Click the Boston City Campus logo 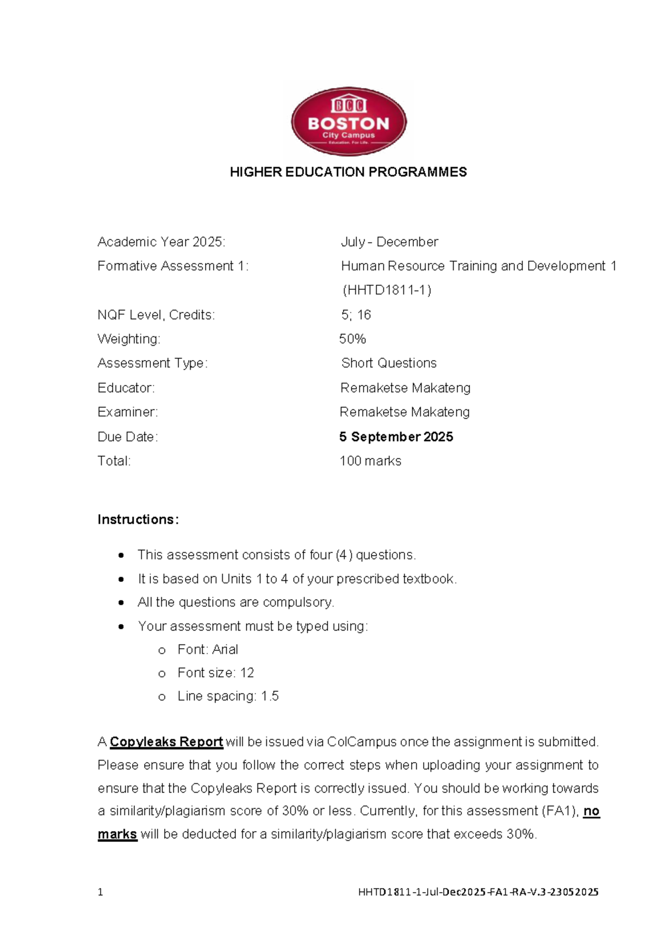(x=349, y=122)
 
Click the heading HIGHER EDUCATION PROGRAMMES (x=348, y=172)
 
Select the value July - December (x=389, y=242)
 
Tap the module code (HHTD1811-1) (x=387, y=290)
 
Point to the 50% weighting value (x=352, y=338)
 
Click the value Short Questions (x=389, y=363)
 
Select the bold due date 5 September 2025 (x=396, y=436)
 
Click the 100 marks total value (x=370, y=461)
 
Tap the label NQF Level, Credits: (x=156, y=315)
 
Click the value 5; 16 (x=356, y=315)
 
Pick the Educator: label (x=126, y=388)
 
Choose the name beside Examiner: (x=404, y=412)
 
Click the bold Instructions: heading (x=138, y=519)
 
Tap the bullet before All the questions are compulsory (x=121, y=602)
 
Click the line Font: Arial (x=207, y=649)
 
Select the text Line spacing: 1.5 (x=228, y=696)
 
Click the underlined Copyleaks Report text (x=166, y=742)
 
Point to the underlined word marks (x=117, y=834)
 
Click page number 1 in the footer (x=100, y=892)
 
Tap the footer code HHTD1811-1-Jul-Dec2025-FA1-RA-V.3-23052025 (x=478, y=892)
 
